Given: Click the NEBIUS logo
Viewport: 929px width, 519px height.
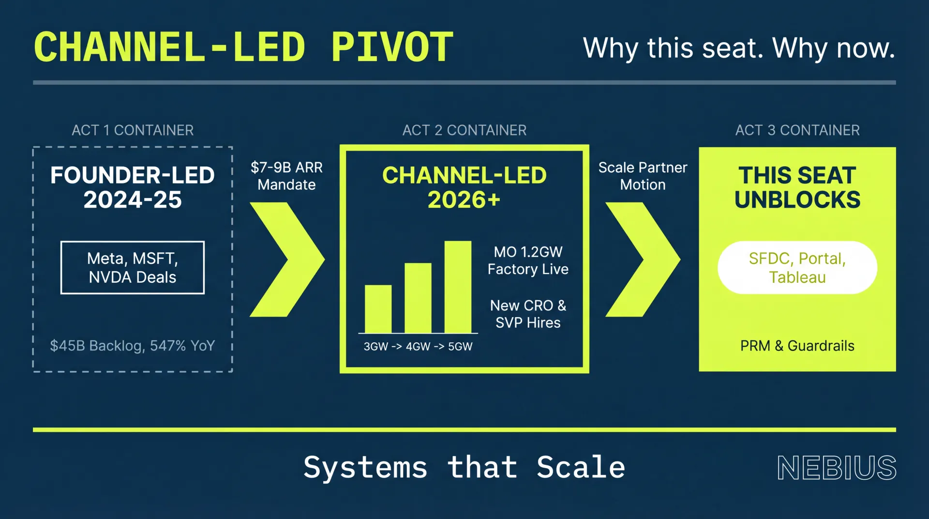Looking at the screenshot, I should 837,468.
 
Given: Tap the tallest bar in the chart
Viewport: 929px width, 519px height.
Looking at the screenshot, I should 458,287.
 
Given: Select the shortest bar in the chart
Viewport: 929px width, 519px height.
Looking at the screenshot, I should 378,308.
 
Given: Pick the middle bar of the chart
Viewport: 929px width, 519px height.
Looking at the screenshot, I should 418,297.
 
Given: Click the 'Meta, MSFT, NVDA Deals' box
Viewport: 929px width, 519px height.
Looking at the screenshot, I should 133,268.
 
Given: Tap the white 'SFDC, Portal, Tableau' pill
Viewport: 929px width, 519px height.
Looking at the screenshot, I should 797,268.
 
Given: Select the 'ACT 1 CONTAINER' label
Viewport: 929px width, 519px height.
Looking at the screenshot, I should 133,130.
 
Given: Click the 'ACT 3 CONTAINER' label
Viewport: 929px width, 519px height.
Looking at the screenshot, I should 797,130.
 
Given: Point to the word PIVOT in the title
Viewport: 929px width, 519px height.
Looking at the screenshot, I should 392,47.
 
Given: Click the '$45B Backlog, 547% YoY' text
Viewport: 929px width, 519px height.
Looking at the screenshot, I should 133,346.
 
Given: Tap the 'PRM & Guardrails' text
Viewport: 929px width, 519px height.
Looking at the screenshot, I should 797,346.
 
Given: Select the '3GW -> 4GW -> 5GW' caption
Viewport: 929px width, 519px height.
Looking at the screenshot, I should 418,347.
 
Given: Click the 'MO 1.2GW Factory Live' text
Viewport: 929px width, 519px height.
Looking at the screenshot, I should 528,260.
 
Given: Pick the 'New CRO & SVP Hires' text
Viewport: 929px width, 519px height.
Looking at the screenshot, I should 528,314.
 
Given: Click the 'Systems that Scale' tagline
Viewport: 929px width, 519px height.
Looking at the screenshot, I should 464,468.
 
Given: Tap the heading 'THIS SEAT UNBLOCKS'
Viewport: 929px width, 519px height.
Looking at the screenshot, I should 797,187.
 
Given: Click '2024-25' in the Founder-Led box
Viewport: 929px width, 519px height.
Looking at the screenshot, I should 133,200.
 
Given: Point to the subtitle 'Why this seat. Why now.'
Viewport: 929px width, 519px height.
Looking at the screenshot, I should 739,48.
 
